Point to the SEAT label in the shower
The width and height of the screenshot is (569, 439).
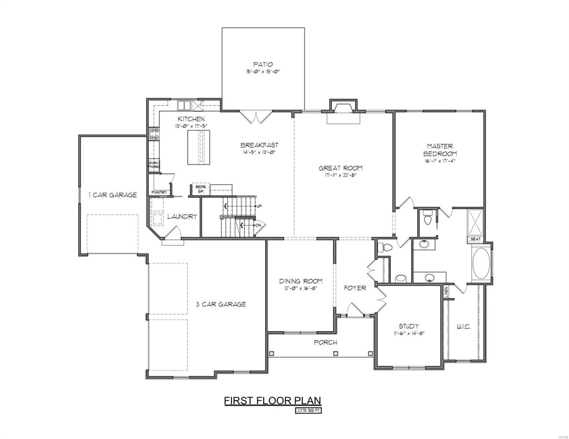coord(475,239)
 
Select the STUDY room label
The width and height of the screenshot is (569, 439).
coord(409,326)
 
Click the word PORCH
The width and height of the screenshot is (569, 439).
coord(325,342)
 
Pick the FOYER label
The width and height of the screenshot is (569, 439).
coord(355,288)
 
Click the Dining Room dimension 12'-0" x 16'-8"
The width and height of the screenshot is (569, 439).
coord(300,288)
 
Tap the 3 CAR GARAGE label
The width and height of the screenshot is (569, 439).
coord(221,304)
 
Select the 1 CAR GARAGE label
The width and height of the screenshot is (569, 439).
coord(113,195)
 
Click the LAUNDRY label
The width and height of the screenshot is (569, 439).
coord(182,217)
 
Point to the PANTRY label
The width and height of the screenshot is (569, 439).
coord(159,192)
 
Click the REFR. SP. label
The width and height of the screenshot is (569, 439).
coord(200,189)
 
